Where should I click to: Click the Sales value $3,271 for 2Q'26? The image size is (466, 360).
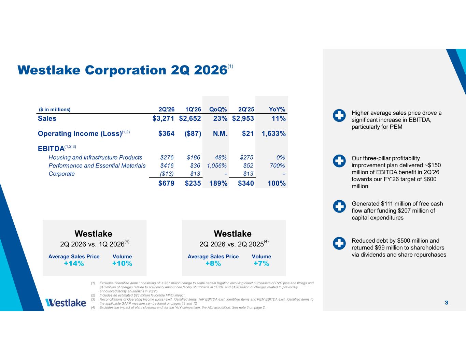click(163, 118)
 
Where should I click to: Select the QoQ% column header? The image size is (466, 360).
click(218, 110)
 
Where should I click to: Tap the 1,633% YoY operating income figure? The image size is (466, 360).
click(274, 134)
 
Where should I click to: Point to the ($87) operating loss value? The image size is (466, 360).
click(193, 134)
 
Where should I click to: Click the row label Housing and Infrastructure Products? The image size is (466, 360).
click(95, 158)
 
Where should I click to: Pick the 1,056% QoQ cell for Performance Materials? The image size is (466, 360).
click(217, 165)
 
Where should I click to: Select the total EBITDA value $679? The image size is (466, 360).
click(166, 184)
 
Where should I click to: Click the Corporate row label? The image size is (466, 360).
click(61, 174)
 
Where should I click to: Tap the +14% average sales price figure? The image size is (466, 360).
click(74, 263)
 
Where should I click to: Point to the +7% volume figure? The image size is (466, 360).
click(261, 263)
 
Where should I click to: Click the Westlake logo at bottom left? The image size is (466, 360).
click(66, 303)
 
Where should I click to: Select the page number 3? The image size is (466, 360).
click(447, 303)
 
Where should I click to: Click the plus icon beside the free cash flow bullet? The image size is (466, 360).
click(339, 206)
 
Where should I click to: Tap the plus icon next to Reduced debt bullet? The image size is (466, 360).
click(339, 243)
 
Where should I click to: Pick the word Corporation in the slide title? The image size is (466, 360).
click(125, 70)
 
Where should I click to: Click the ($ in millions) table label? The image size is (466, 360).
click(55, 110)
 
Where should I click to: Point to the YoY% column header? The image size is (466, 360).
click(277, 110)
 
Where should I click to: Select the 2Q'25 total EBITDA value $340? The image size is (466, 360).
click(246, 184)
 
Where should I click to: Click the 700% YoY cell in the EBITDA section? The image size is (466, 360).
click(277, 165)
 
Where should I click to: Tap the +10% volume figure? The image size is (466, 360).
click(122, 263)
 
